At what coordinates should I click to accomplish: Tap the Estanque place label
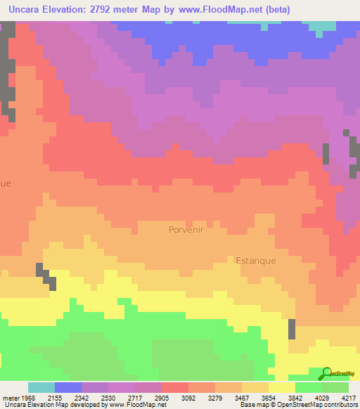coord(256,260)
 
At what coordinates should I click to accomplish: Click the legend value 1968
coord(24,398)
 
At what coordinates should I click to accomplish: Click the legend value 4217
coord(349,398)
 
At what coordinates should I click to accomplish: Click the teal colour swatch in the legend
coord(41,388)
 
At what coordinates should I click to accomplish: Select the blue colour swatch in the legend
coord(68,388)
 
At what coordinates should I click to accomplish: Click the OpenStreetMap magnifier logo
coord(326,374)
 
